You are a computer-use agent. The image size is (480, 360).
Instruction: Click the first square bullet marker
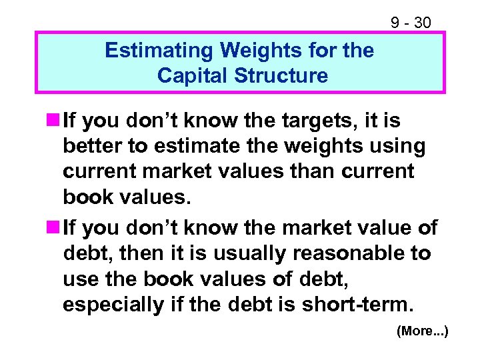(x=52, y=121)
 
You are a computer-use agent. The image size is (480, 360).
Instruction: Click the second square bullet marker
(x=52, y=228)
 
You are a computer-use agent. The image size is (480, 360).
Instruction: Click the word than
(x=311, y=171)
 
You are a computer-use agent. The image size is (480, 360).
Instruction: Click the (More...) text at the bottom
(x=422, y=331)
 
